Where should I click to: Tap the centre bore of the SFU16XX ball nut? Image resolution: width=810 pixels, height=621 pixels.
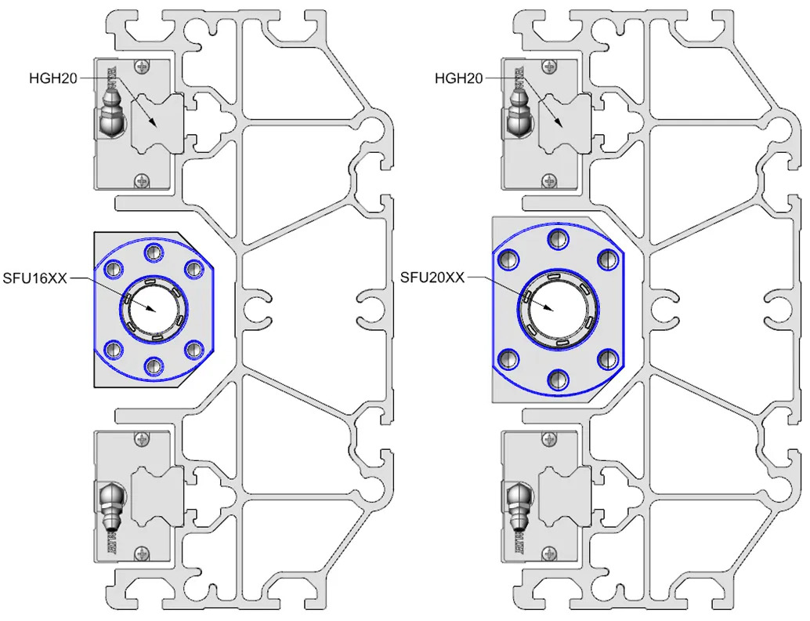pyautogui.click(x=154, y=307)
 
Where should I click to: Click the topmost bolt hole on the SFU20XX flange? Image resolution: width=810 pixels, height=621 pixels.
pyautogui.click(x=557, y=238)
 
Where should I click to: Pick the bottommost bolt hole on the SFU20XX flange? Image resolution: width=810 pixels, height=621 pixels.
pyautogui.click(x=557, y=379)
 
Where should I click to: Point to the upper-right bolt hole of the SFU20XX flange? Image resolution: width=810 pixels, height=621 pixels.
pyautogui.click(x=607, y=259)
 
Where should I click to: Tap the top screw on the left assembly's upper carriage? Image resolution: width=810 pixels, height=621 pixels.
pyautogui.click(x=141, y=66)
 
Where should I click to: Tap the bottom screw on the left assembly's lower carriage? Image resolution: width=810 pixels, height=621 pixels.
pyautogui.click(x=141, y=553)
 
